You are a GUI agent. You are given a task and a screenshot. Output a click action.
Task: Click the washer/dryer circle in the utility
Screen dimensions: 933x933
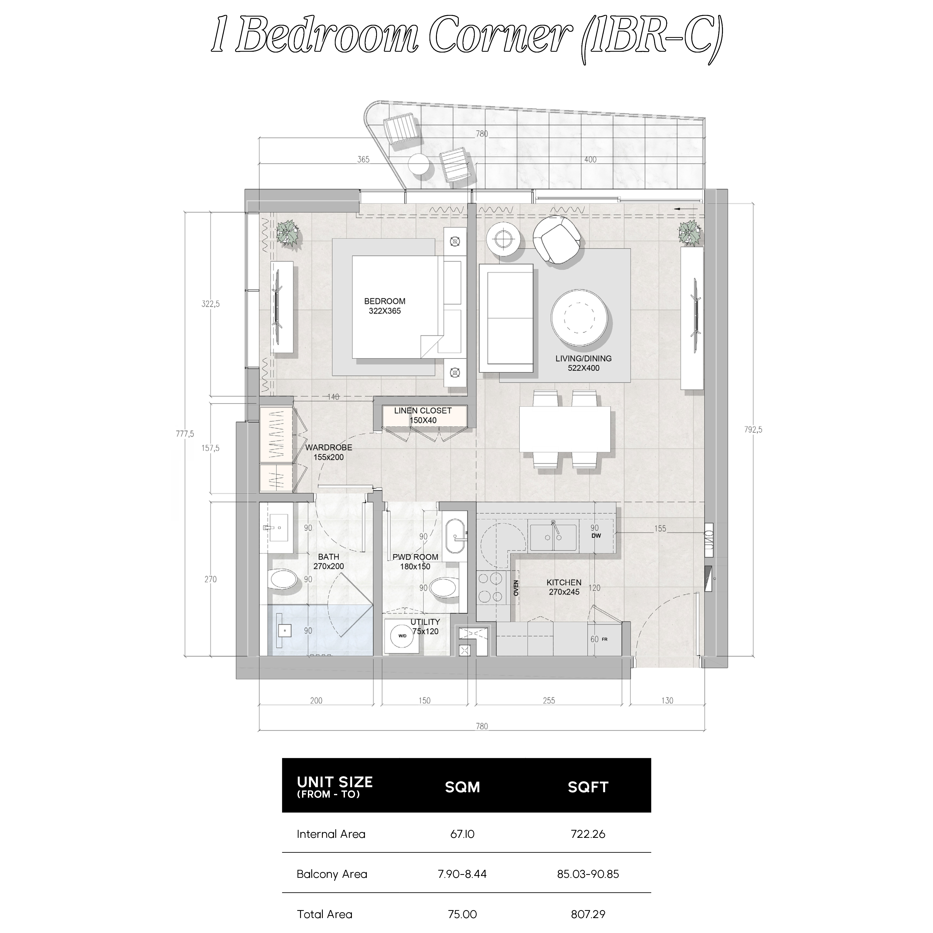pyautogui.click(x=402, y=636)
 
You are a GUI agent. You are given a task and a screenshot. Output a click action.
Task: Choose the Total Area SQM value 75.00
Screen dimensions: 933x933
pyautogui.click(x=462, y=914)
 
